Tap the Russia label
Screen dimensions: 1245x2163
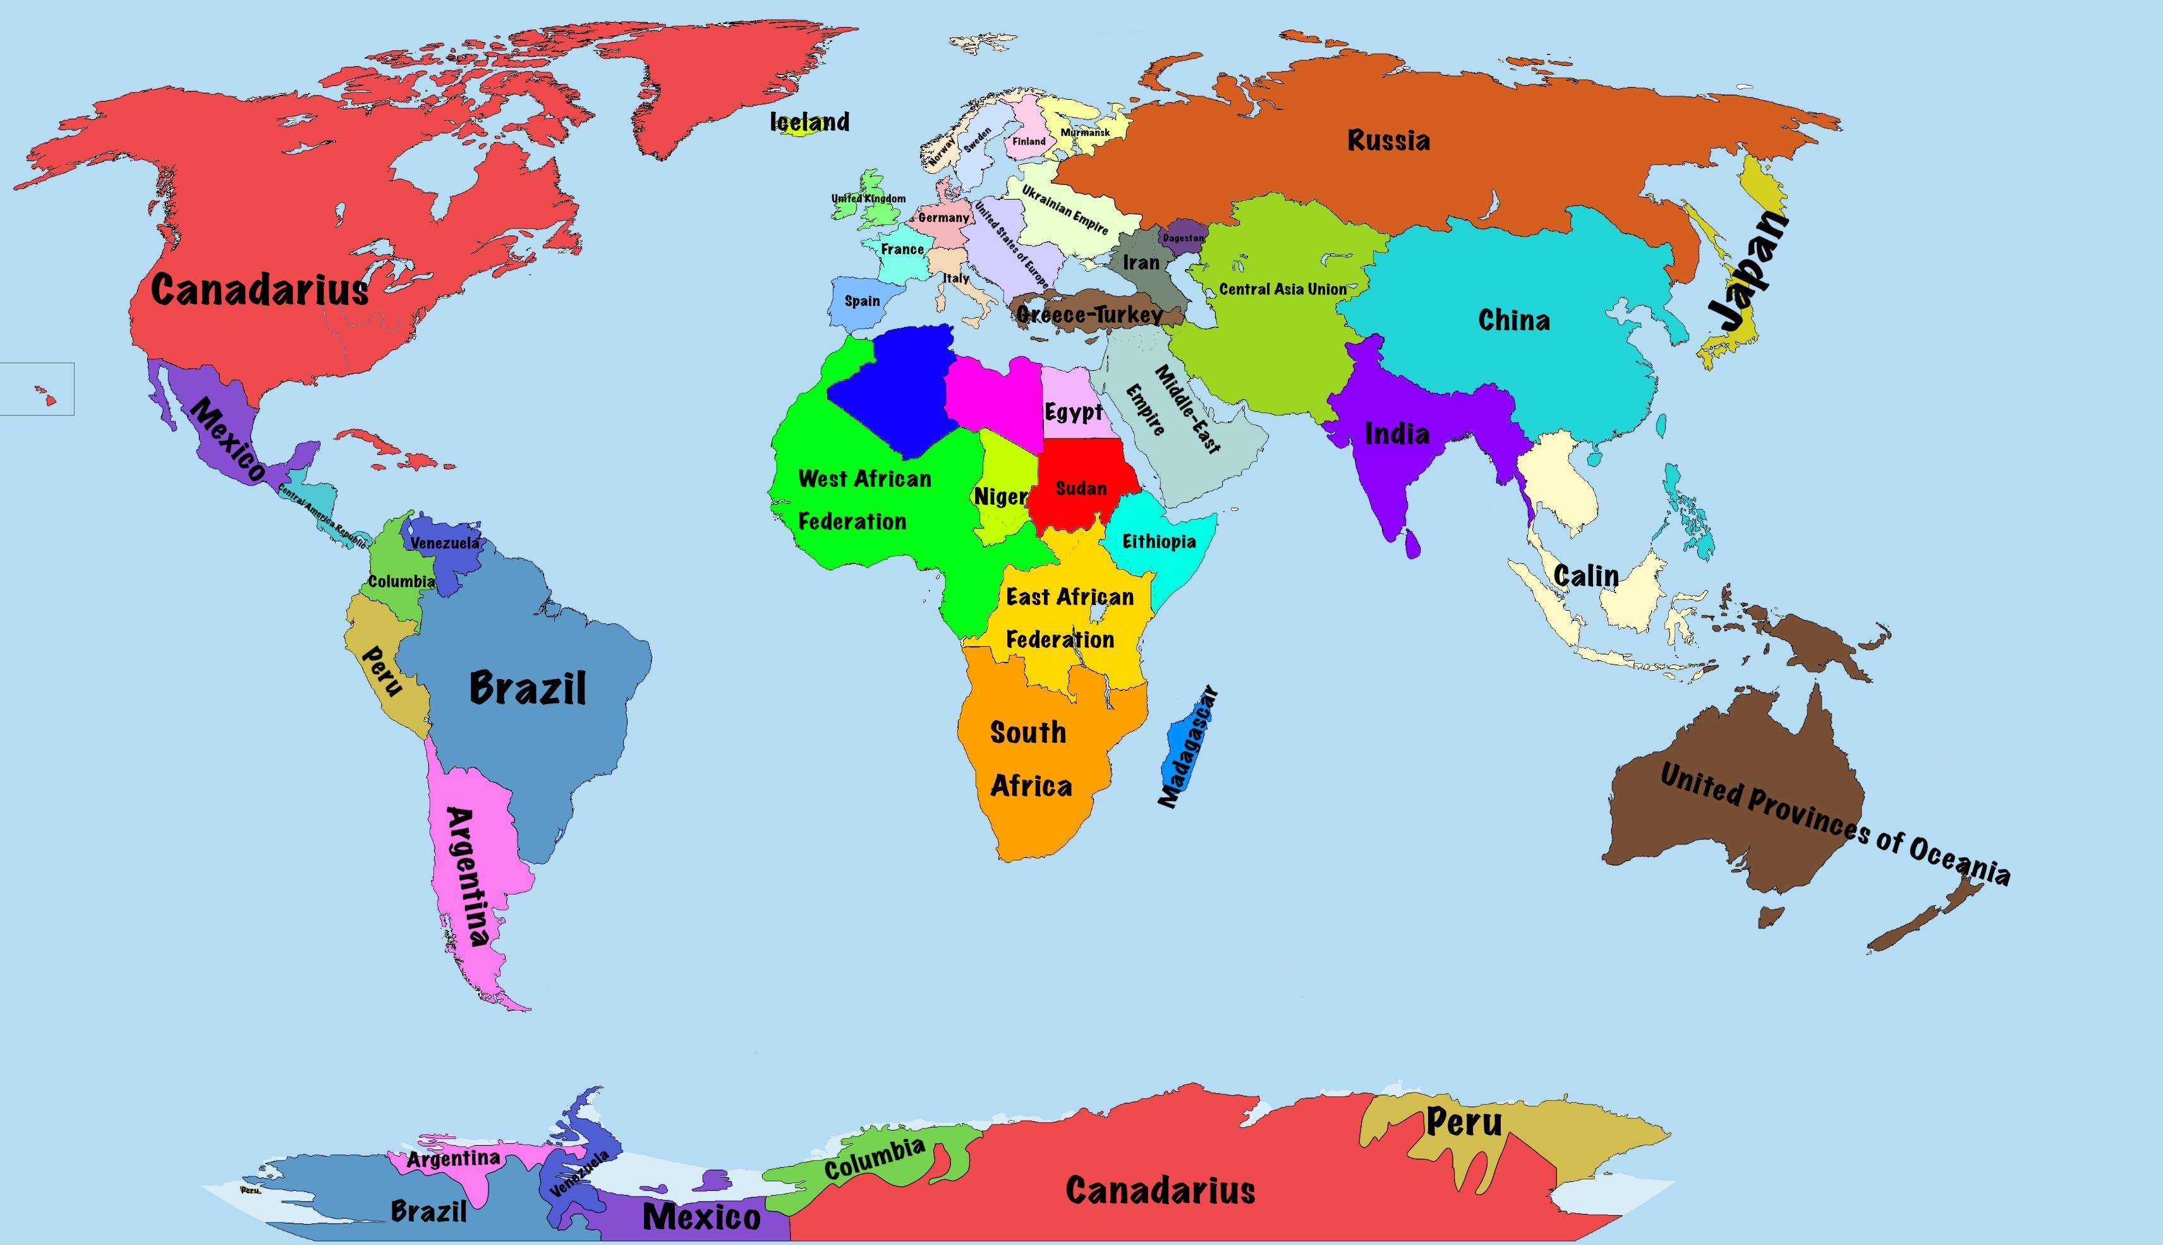pyautogui.click(x=1388, y=140)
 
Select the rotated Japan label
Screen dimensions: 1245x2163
pyautogui.click(x=1745, y=272)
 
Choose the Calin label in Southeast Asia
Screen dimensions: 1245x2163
pyautogui.click(x=1585, y=576)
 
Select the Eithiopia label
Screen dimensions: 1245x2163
pyautogui.click(x=1158, y=541)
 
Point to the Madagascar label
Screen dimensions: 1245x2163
pyautogui.click(x=1187, y=747)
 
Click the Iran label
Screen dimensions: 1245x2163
pyautogui.click(x=1141, y=263)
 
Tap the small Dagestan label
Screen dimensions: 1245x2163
pyautogui.click(x=1183, y=238)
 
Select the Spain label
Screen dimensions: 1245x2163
pyautogui.click(x=861, y=301)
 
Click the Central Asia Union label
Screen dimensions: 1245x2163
pyautogui.click(x=1282, y=289)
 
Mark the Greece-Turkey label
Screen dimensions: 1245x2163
pyautogui.click(x=1089, y=315)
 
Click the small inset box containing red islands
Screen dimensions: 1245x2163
pyautogui.click(x=37, y=389)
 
